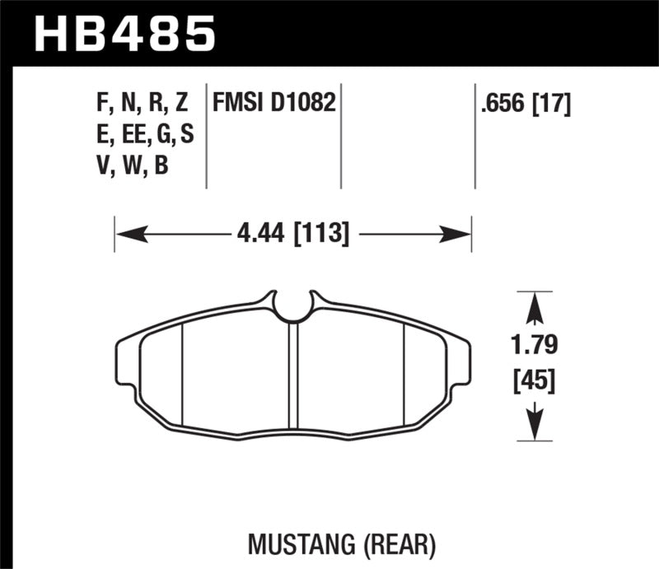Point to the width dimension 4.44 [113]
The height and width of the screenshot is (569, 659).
point(292,236)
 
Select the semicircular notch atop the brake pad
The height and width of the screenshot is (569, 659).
point(292,308)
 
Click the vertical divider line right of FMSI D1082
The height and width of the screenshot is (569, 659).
point(340,136)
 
